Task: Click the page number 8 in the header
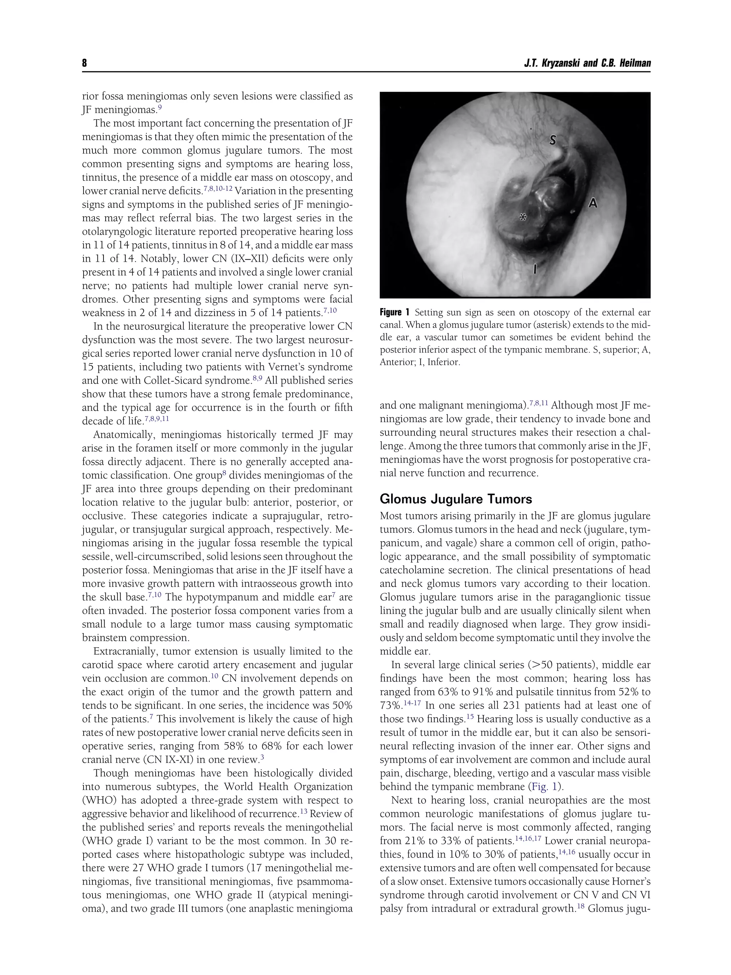85,64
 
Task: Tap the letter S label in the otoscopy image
553,140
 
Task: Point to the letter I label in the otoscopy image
535,268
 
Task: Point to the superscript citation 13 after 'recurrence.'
303,811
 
